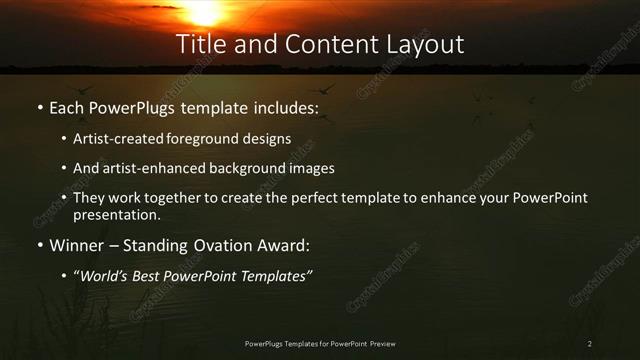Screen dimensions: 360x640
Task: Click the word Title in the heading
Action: [200, 45]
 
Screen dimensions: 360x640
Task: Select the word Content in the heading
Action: [318, 45]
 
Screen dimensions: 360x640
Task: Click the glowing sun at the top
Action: [205, 10]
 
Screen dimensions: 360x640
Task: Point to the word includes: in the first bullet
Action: [289, 107]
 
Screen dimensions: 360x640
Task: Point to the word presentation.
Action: [116, 214]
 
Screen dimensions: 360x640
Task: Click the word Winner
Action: [76, 244]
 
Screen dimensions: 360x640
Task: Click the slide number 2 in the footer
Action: [590, 345]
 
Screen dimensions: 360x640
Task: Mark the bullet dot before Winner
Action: [39, 245]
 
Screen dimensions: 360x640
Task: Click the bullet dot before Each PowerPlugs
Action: [39, 108]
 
